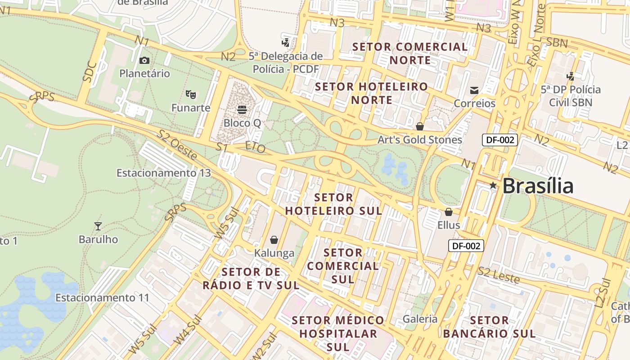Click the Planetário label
tap(144, 73)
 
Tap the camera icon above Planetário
tap(144, 60)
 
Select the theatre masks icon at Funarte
tap(191, 94)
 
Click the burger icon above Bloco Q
tap(242, 109)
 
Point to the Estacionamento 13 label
tap(163, 173)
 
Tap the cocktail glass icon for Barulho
tap(98, 226)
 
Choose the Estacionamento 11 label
tap(102, 297)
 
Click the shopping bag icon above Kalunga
tap(274, 240)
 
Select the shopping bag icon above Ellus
tap(448, 212)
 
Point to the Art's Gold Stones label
tap(419, 139)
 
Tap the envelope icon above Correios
tap(474, 90)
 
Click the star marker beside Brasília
tap(493, 185)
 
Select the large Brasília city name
tap(538, 186)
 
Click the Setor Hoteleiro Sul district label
tap(333, 204)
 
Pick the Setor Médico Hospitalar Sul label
tap(338, 333)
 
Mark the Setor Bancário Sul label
tap(489, 327)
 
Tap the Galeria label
tap(420, 319)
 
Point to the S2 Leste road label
tap(499, 274)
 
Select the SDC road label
tap(90, 71)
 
